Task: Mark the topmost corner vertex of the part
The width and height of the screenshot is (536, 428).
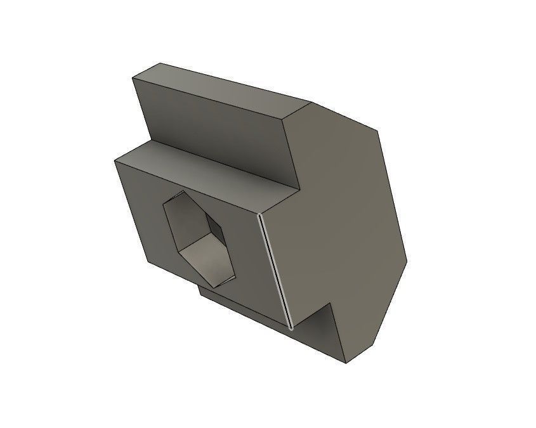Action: pyautogui.click(x=160, y=63)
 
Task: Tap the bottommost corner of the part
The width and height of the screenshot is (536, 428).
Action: pyautogui.click(x=348, y=364)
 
